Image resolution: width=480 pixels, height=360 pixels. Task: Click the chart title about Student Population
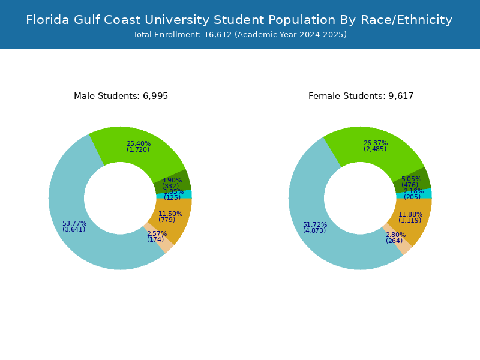click(x=239, y=20)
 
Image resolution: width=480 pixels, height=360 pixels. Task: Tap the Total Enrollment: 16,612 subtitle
click(x=239, y=35)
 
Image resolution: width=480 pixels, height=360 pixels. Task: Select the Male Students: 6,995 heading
click(x=121, y=96)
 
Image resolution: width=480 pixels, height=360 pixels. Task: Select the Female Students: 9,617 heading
click(x=361, y=96)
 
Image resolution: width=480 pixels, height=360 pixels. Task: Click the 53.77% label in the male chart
click(x=74, y=223)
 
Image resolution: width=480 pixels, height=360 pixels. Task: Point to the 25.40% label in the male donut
click(x=139, y=143)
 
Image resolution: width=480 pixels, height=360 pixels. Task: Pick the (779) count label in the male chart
click(x=167, y=220)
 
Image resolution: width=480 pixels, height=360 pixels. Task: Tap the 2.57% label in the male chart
click(x=157, y=233)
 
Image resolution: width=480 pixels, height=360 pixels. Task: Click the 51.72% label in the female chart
click(x=315, y=224)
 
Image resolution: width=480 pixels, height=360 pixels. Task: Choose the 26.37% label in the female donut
click(x=376, y=143)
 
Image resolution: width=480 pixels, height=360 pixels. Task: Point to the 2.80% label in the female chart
click(x=395, y=235)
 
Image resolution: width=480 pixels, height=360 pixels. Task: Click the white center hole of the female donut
click(x=360, y=198)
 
